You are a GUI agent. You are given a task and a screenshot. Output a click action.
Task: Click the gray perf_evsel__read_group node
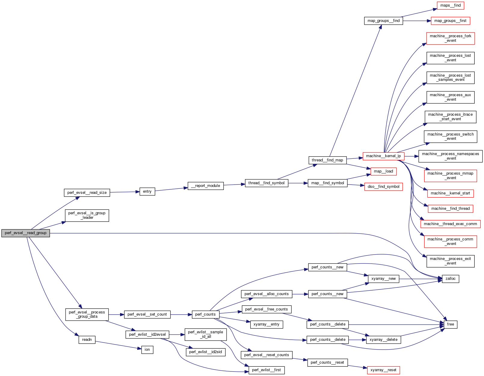coord(26,233)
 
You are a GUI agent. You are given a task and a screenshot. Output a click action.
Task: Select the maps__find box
coord(450,5)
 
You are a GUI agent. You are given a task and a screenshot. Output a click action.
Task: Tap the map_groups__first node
coord(450,21)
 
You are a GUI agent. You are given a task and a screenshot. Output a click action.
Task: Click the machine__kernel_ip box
coord(383,156)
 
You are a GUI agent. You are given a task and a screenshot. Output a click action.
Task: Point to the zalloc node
coord(450,279)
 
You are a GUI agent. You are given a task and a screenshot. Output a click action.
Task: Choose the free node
coord(450,324)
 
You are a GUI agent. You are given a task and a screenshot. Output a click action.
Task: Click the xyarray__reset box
coord(383,370)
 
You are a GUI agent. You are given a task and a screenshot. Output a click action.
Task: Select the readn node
coord(87,340)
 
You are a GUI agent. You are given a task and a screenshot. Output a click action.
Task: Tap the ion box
coord(147,350)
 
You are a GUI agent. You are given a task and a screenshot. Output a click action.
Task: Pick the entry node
coord(147,191)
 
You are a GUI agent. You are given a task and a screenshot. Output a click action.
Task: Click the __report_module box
coord(205,186)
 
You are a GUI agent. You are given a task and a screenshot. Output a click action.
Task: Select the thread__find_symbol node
coord(266,183)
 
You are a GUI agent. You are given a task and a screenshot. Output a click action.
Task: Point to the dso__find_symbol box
coord(383,187)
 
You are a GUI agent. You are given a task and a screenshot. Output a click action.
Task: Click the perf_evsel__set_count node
coord(147,314)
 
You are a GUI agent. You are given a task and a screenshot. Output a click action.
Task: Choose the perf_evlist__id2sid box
coord(205,352)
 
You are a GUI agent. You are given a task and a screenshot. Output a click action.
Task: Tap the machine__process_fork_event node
coord(450,38)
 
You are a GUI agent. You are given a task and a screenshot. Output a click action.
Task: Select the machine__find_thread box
coord(450,209)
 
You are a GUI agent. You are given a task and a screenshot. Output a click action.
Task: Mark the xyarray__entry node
coord(267,324)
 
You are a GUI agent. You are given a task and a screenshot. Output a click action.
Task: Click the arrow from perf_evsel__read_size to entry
coord(125,192)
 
